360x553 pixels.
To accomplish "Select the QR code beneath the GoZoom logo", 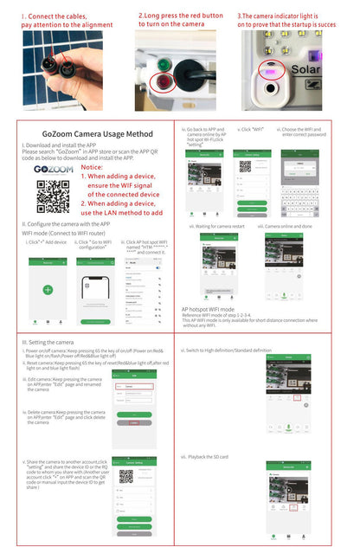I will tap(53, 197).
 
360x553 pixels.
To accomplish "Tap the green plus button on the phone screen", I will tap(48, 290).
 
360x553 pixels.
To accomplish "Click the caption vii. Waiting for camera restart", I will tap(219, 226).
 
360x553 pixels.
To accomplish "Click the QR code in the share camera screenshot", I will tap(138, 476).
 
